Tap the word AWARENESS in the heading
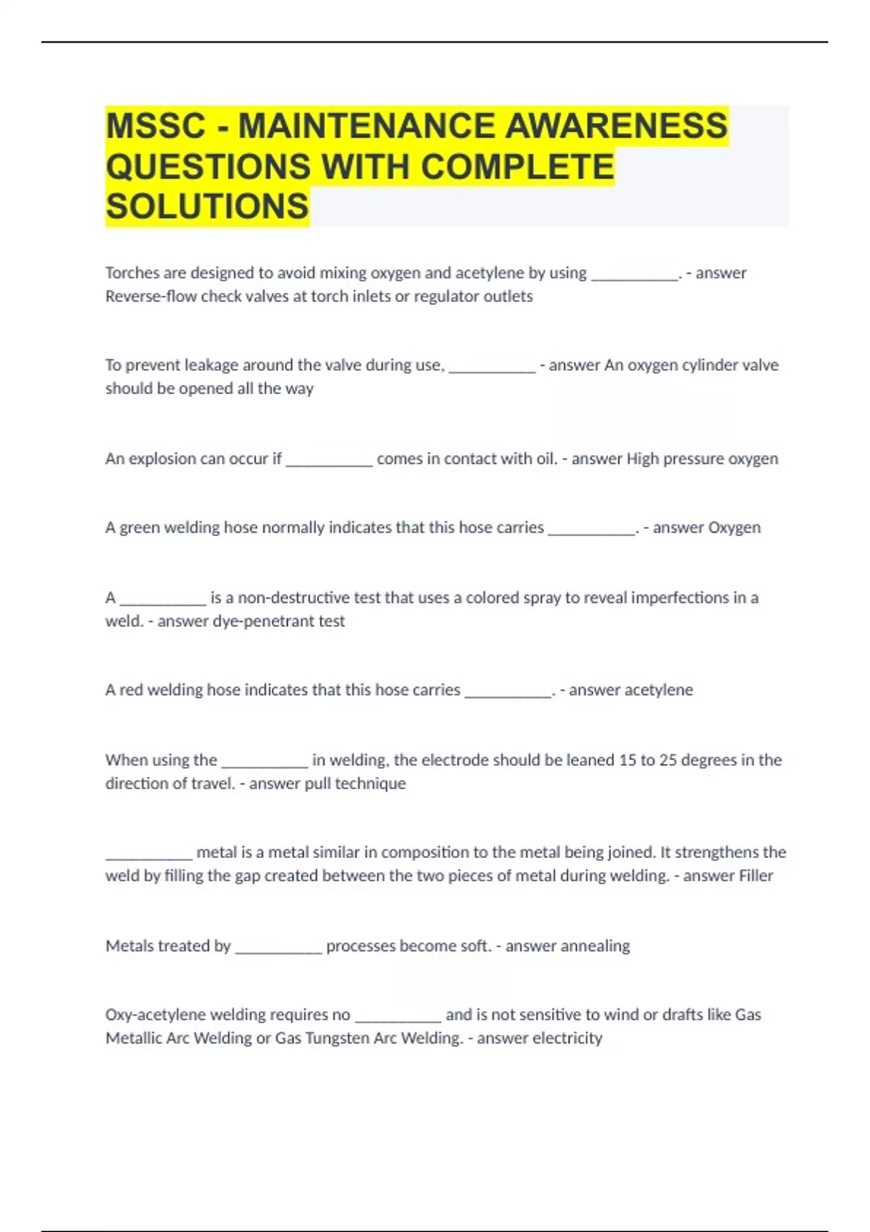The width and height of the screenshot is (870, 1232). pyautogui.click(x=616, y=126)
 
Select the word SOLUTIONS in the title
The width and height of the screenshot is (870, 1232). pyautogui.click(x=207, y=207)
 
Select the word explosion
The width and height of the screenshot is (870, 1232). pyautogui.click(x=162, y=459)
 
